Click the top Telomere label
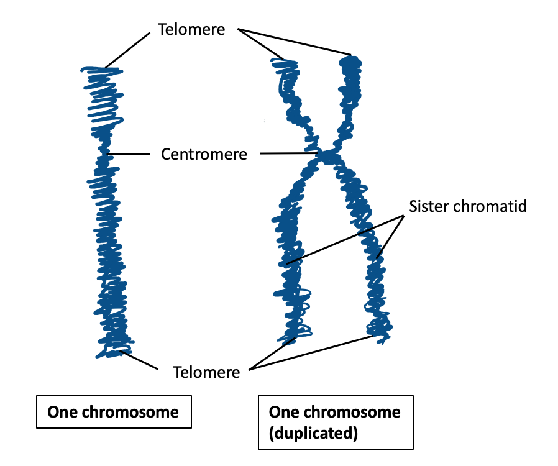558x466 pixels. [x=191, y=29]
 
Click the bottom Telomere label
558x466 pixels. [x=206, y=372]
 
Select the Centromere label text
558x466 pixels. [x=204, y=154]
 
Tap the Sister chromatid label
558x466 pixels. [x=468, y=206]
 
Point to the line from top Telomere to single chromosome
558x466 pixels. [x=128, y=50]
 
